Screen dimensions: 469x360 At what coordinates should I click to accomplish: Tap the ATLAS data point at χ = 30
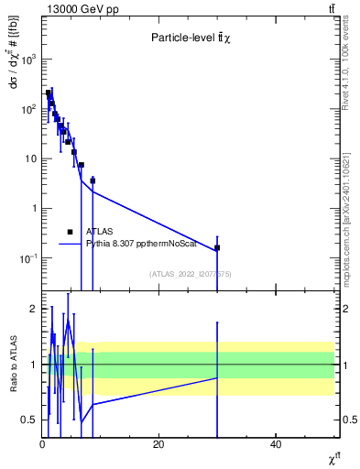[x=217, y=247]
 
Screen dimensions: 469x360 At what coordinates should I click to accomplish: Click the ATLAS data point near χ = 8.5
[x=93, y=180]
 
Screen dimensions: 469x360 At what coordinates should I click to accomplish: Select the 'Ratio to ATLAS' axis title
[x=12, y=365]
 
